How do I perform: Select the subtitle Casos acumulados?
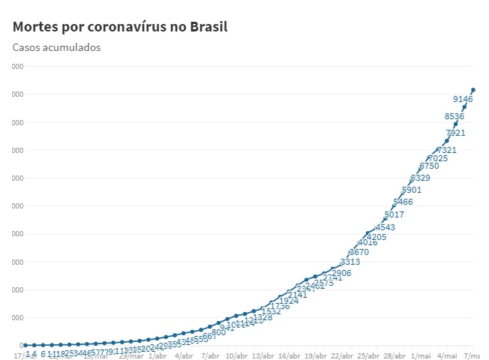[x=56, y=47]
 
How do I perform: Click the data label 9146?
[x=463, y=99]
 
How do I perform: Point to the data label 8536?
[x=454, y=116]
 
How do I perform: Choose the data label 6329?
[x=420, y=178]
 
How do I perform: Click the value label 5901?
[x=411, y=190]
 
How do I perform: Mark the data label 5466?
[x=403, y=202]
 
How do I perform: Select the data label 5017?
[x=394, y=214]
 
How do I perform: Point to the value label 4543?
[x=385, y=227]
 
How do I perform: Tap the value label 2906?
[x=341, y=273]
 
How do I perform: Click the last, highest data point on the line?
[x=473, y=90]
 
